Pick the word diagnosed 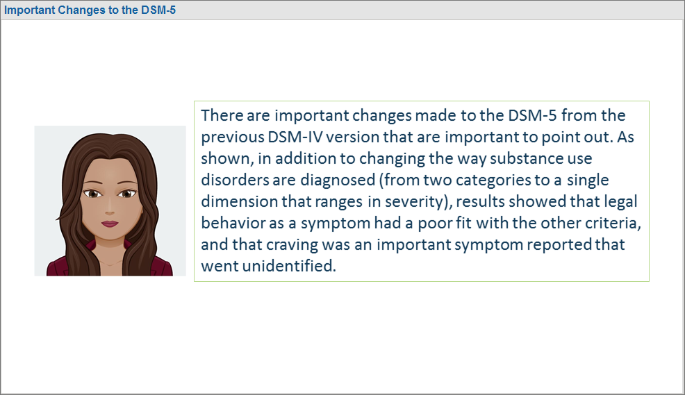(x=338, y=180)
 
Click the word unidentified (x=288, y=266)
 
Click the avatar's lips (x=110, y=224)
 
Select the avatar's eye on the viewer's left (x=92, y=194)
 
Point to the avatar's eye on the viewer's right (x=128, y=194)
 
